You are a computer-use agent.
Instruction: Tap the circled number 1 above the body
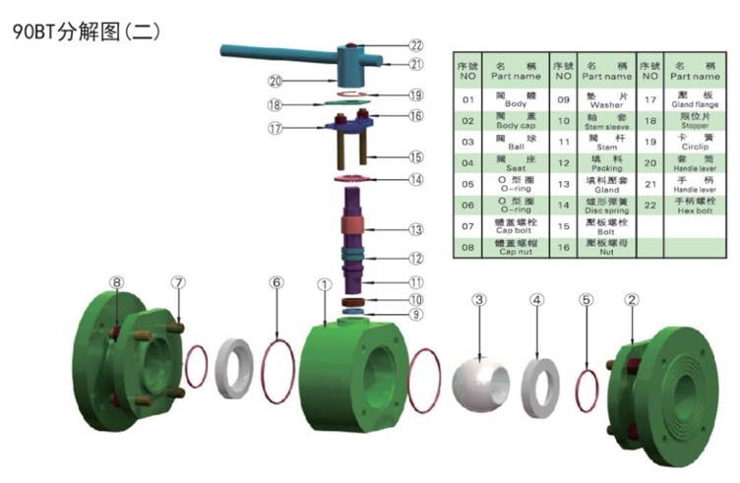click(324, 284)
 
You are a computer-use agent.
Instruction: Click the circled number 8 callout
click(117, 282)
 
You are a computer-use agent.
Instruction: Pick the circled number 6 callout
click(277, 283)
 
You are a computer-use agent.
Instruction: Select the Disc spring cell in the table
click(605, 211)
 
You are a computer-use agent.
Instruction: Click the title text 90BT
click(32, 31)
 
